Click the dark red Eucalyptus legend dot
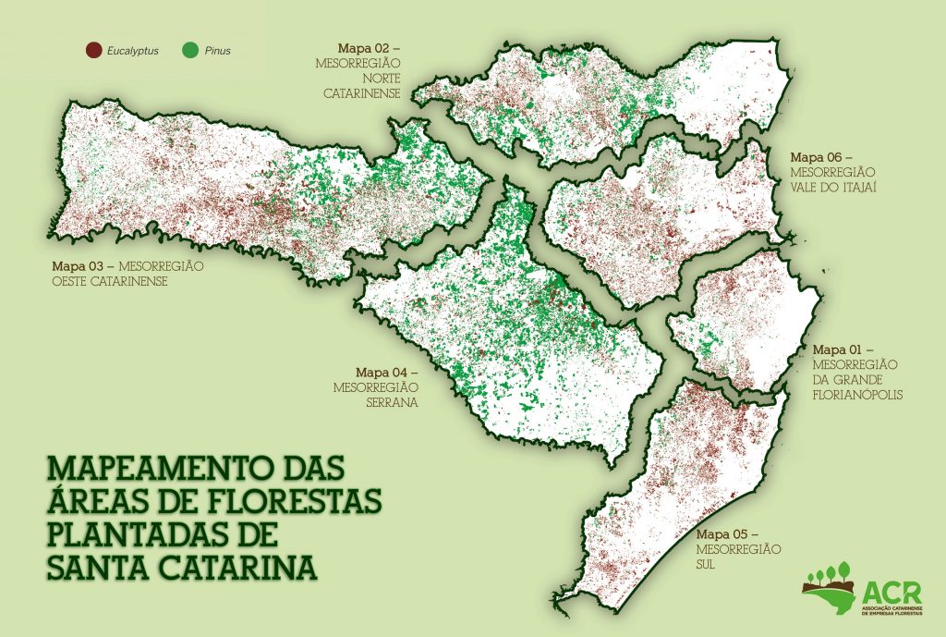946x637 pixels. tap(92, 50)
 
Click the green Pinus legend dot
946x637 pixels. tap(193, 50)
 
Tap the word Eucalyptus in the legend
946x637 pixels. tap(133, 51)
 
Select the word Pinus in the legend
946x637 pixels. tap(218, 51)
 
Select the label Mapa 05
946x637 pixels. tap(726, 534)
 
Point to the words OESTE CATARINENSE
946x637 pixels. tap(109, 281)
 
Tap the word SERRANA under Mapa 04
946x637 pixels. tap(390, 403)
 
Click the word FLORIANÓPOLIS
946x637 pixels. tap(857, 395)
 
